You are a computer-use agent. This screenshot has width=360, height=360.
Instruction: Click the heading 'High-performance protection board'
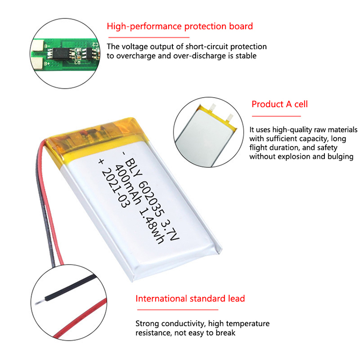click(180, 27)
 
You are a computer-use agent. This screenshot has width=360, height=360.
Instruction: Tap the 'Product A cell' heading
click(279, 104)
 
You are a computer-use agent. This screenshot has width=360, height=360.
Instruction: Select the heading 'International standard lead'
click(190, 298)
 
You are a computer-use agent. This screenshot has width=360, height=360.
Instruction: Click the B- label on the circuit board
click(47, 46)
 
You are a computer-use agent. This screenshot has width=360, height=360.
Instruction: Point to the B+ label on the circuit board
click(47, 63)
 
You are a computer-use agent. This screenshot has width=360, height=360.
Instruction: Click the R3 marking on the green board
click(77, 62)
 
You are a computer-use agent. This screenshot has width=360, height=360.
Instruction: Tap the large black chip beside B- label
click(61, 54)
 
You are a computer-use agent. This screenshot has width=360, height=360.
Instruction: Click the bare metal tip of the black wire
click(40, 302)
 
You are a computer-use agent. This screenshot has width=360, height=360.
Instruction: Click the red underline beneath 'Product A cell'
click(276, 116)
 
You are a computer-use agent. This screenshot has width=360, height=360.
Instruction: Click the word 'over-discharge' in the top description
click(199, 56)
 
